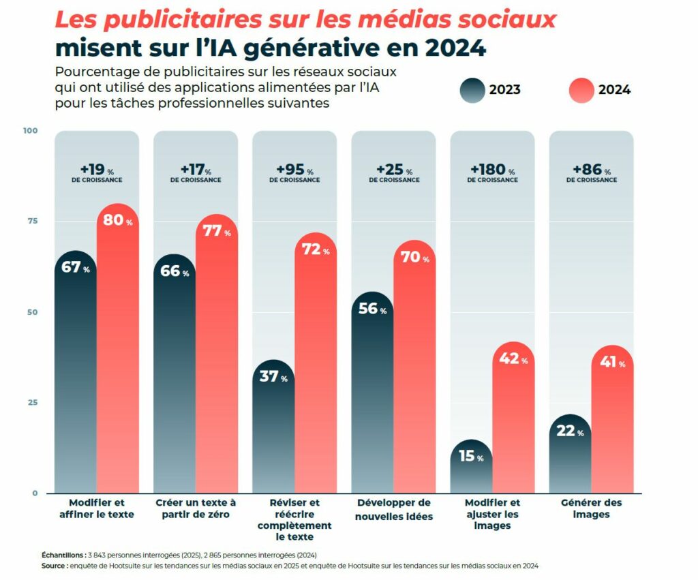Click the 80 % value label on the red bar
(x=118, y=222)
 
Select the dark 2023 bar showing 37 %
(x=274, y=429)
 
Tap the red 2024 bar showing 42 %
(x=513, y=423)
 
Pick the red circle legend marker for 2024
(x=581, y=90)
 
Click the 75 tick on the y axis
(x=33, y=222)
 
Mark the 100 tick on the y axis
(x=31, y=130)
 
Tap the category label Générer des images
(x=591, y=508)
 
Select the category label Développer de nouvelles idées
(x=393, y=509)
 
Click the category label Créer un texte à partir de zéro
(x=196, y=508)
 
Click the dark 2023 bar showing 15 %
(x=472, y=470)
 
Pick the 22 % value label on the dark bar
(x=570, y=431)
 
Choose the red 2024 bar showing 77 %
(x=217, y=361)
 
